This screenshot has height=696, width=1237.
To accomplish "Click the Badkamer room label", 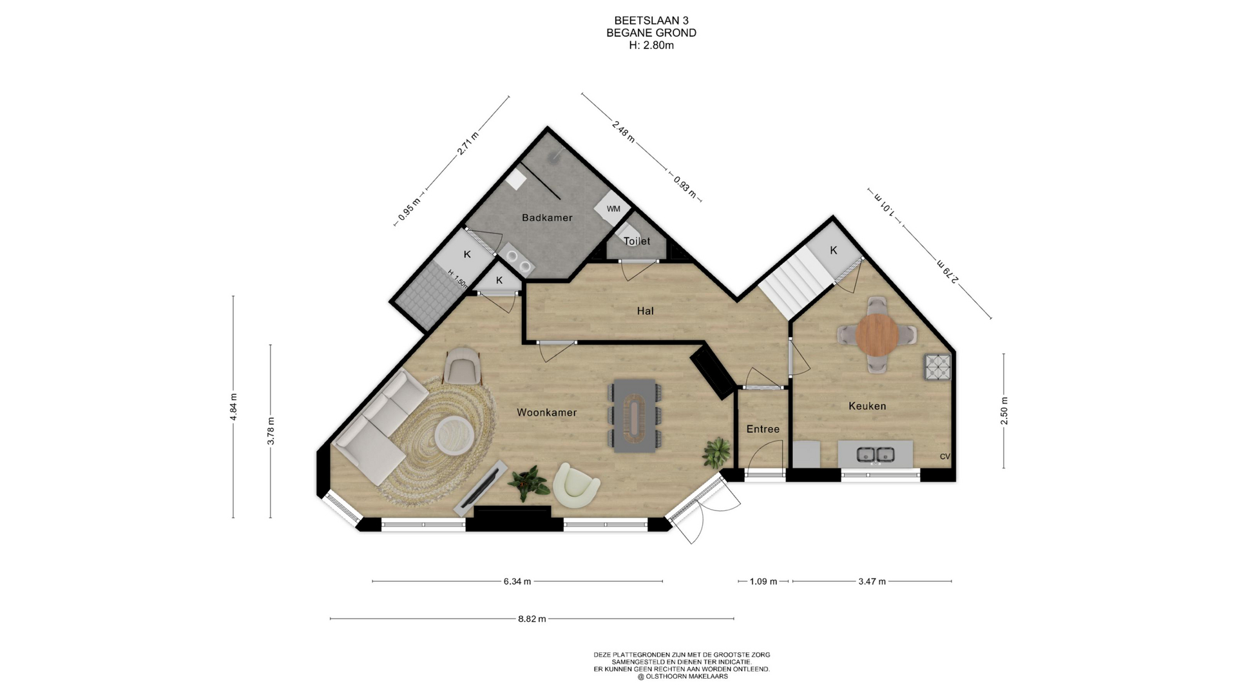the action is point(547,218).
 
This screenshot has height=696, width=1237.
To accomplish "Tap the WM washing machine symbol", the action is point(613,208).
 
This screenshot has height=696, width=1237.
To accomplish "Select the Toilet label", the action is point(637,241).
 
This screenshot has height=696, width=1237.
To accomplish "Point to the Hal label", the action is point(645,311).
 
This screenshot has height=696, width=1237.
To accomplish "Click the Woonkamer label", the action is point(546,412).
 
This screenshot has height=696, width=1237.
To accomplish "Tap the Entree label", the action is point(763,429).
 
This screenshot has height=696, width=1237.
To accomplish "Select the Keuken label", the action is point(867,406).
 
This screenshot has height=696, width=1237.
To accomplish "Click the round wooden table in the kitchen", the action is point(877,334).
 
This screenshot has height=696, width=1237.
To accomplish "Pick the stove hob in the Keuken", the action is point(938,367).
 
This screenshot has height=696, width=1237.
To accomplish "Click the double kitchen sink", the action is point(876,454).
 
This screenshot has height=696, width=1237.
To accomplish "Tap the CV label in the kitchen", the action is point(945,457).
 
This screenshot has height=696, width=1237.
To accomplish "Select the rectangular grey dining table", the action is point(635,416).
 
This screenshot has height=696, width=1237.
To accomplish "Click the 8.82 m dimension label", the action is point(532,619).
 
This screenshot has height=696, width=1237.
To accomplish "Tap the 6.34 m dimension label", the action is point(517,581).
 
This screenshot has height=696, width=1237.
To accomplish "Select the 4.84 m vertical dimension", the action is point(233,407).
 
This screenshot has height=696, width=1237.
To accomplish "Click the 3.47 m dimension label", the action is point(872,581).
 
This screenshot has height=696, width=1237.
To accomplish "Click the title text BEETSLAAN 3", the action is point(651,21).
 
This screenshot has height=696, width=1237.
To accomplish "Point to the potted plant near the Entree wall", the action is point(716,452).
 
